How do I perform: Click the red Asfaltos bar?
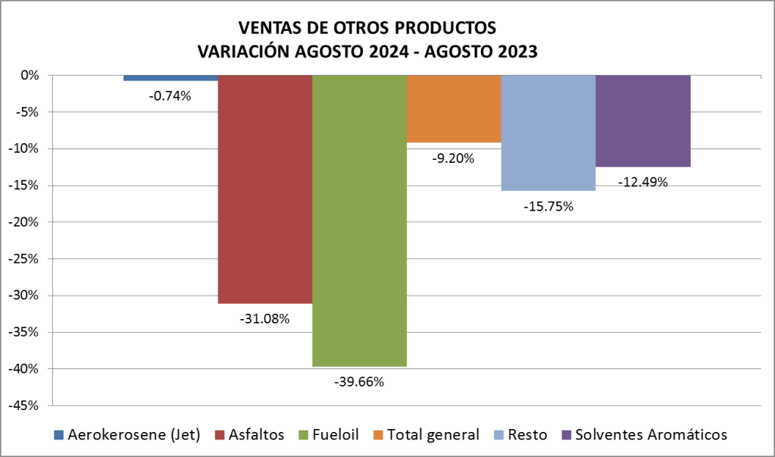click(x=265, y=189)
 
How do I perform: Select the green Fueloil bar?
click(x=359, y=220)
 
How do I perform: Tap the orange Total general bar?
click(x=454, y=109)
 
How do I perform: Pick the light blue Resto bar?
click(x=548, y=133)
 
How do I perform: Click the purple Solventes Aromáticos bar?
click(x=642, y=121)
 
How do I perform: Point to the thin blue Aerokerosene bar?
click(x=170, y=78)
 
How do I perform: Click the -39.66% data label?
click(x=359, y=382)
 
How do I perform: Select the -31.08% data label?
click(x=265, y=318)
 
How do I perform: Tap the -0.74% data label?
click(x=170, y=95)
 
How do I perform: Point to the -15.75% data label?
click(x=548, y=206)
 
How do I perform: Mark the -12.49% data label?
click(x=642, y=182)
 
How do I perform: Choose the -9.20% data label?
click(x=454, y=158)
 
